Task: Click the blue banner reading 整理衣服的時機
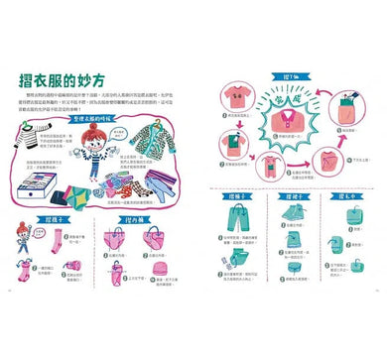pyautogui.click(x=96, y=118)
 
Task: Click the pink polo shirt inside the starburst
pyautogui.click(x=282, y=114)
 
